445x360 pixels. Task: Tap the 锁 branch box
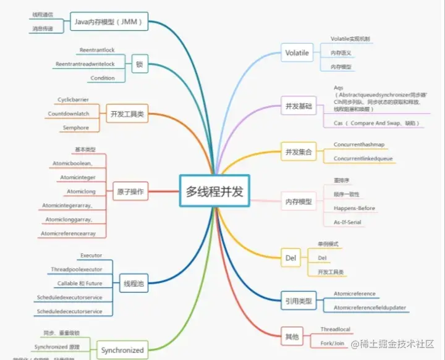(140, 64)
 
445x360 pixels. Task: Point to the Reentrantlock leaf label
(97, 50)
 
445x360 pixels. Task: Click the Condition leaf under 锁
(102, 78)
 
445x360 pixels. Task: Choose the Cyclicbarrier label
(74, 99)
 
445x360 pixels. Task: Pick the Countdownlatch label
(69, 114)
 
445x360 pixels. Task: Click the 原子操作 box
(130, 192)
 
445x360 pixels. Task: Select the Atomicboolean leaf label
(72, 163)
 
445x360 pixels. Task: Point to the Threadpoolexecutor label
(76, 269)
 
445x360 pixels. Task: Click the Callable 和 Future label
(80, 283)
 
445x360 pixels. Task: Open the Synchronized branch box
(122, 350)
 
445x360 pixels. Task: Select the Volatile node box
(297, 53)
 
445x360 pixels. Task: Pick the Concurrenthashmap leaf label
(359, 144)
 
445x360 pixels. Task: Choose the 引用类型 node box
(299, 301)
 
